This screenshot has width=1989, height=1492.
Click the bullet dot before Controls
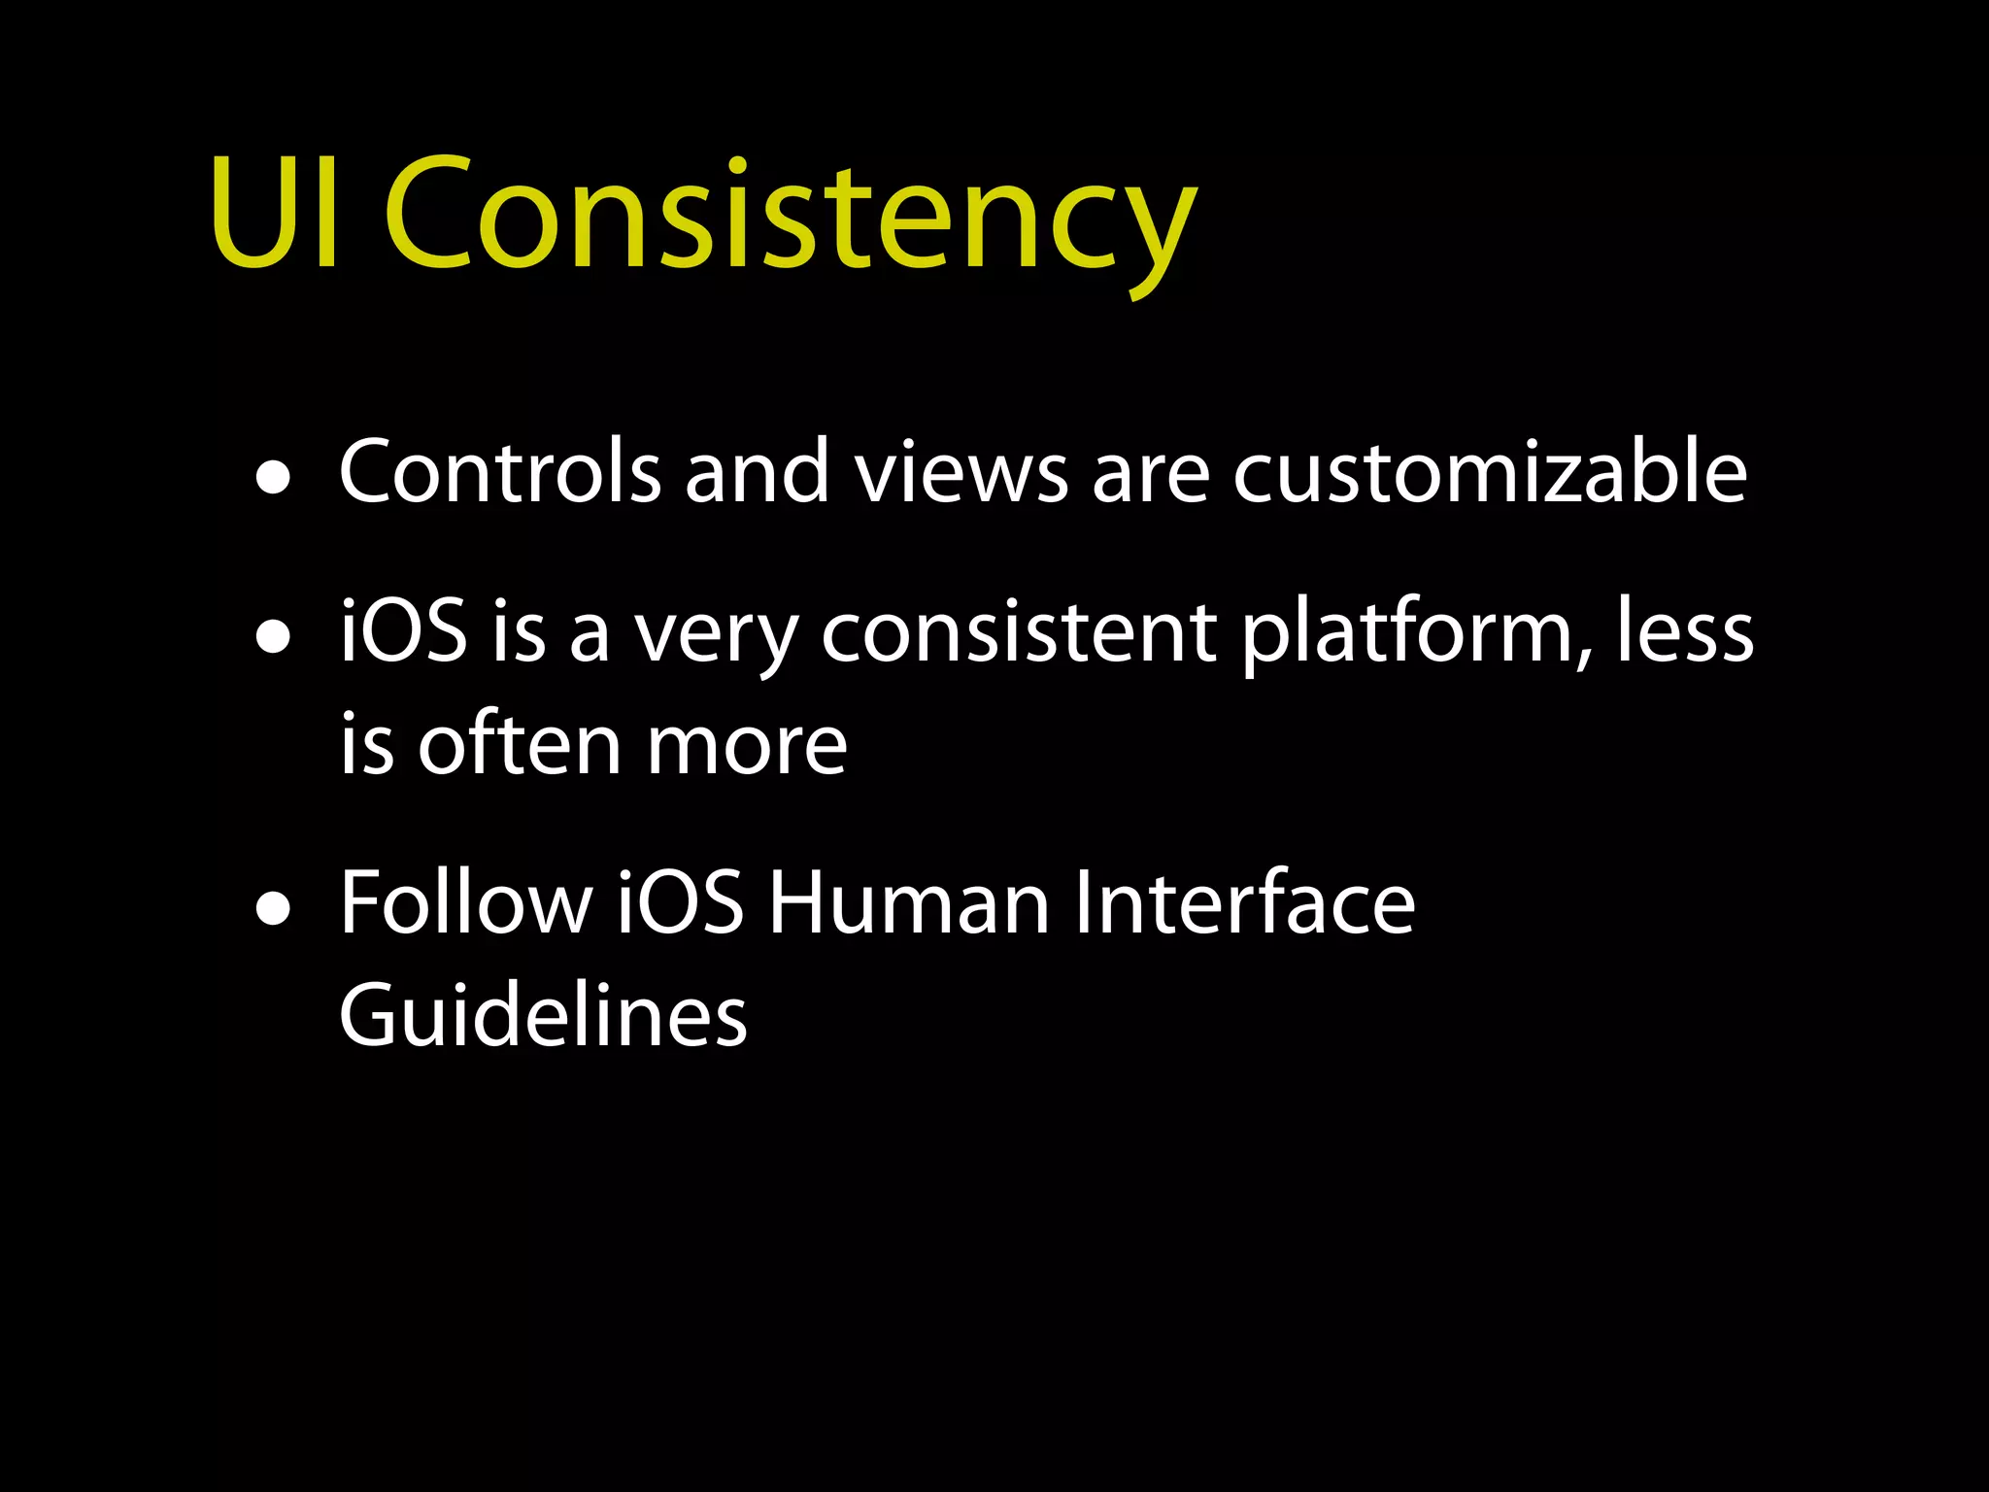(274, 478)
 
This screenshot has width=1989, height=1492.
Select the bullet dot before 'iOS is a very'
(274, 638)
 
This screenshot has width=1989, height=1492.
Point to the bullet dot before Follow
(274, 910)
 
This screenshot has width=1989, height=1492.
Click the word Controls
(499, 472)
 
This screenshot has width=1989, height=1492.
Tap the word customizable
(1490, 472)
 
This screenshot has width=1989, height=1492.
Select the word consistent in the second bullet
(1019, 633)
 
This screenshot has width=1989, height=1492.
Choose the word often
(519, 745)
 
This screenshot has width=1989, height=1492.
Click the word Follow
(465, 903)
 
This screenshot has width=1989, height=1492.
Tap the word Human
(909, 903)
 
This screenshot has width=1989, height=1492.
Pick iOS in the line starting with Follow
(680, 903)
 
